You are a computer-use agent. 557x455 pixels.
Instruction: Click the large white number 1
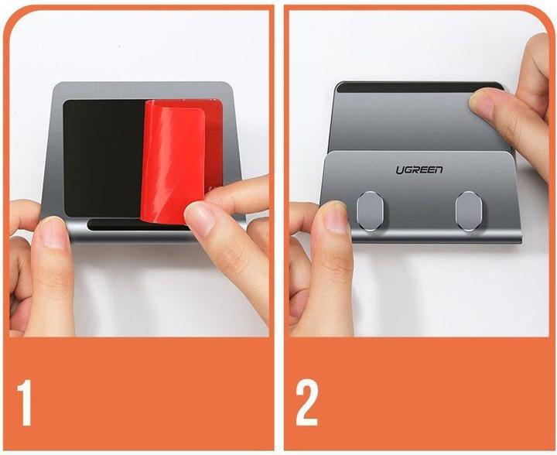[24, 402]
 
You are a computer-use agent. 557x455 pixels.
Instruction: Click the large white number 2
[307, 402]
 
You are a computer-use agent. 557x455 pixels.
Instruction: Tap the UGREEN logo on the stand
[419, 169]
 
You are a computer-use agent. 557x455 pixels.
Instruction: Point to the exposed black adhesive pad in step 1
[103, 159]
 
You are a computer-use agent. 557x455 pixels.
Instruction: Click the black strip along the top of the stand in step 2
[419, 87]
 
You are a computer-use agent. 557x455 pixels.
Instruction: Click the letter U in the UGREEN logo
[400, 170]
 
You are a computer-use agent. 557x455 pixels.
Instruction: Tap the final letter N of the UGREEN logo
[439, 169]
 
